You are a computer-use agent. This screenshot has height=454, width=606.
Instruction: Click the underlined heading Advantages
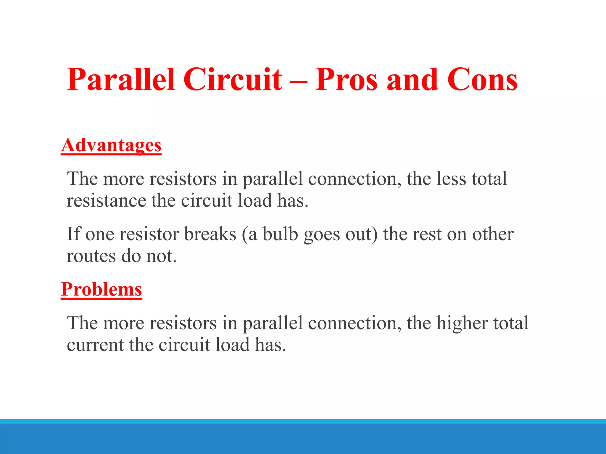pos(111,145)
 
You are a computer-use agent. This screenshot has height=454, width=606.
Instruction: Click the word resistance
pos(107,201)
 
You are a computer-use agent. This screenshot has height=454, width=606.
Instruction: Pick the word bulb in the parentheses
pos(280,234)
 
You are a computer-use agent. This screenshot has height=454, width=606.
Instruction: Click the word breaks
pos(210,234)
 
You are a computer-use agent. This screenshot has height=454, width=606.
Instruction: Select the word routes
pos(91,256)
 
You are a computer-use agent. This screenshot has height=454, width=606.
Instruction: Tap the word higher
pos(462,323)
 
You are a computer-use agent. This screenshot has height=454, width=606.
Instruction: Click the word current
pos(95,345)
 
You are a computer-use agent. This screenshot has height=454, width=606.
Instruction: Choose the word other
pos(493,234)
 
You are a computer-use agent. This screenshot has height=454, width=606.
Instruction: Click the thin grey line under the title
pos(307,115)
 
